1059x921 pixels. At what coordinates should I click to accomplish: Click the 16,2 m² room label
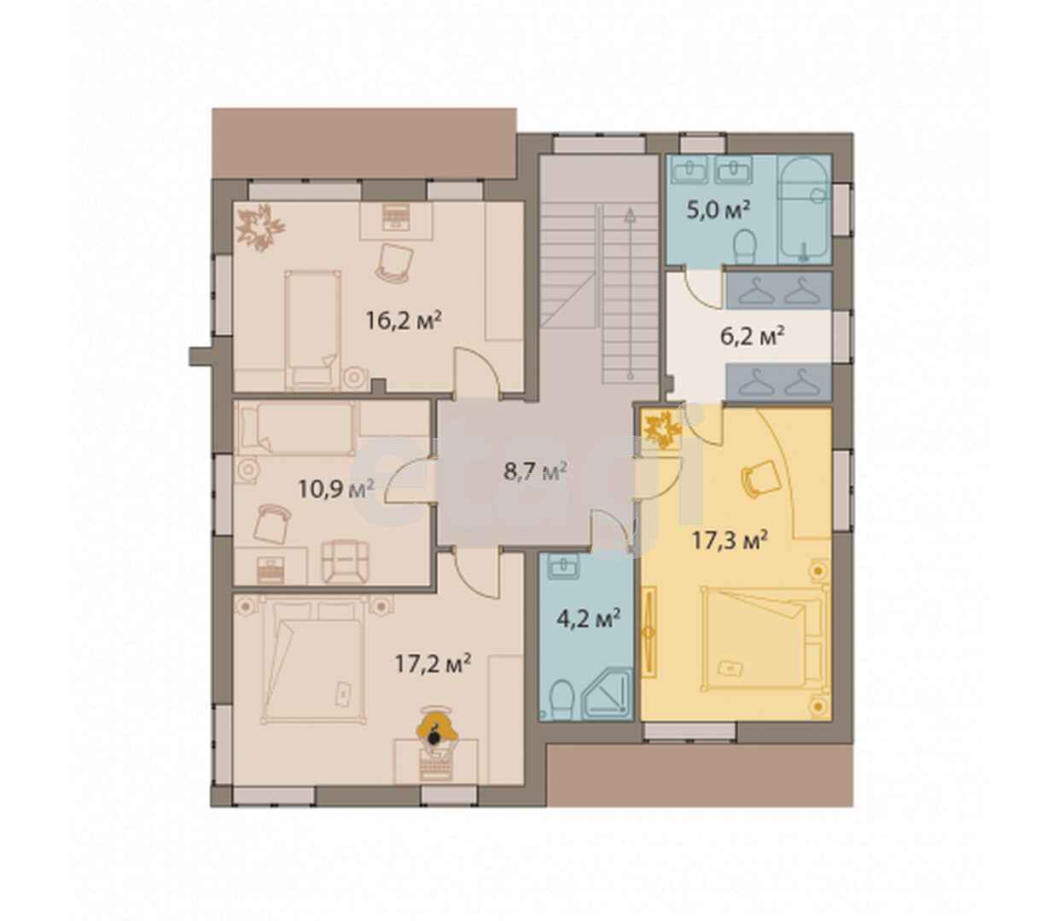coord(404,320)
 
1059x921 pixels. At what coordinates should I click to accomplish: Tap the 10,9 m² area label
coord(336,488)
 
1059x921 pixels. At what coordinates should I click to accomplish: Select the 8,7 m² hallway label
coord(535,471)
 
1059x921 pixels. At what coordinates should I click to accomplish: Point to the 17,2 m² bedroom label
coord(433,664)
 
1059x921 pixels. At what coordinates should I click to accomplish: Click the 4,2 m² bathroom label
coord(589,618)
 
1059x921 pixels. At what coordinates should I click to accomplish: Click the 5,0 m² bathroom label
coord(719,210)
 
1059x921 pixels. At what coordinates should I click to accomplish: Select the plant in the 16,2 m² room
coord(260,228)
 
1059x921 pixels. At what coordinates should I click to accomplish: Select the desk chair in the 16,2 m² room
coord(395,263)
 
